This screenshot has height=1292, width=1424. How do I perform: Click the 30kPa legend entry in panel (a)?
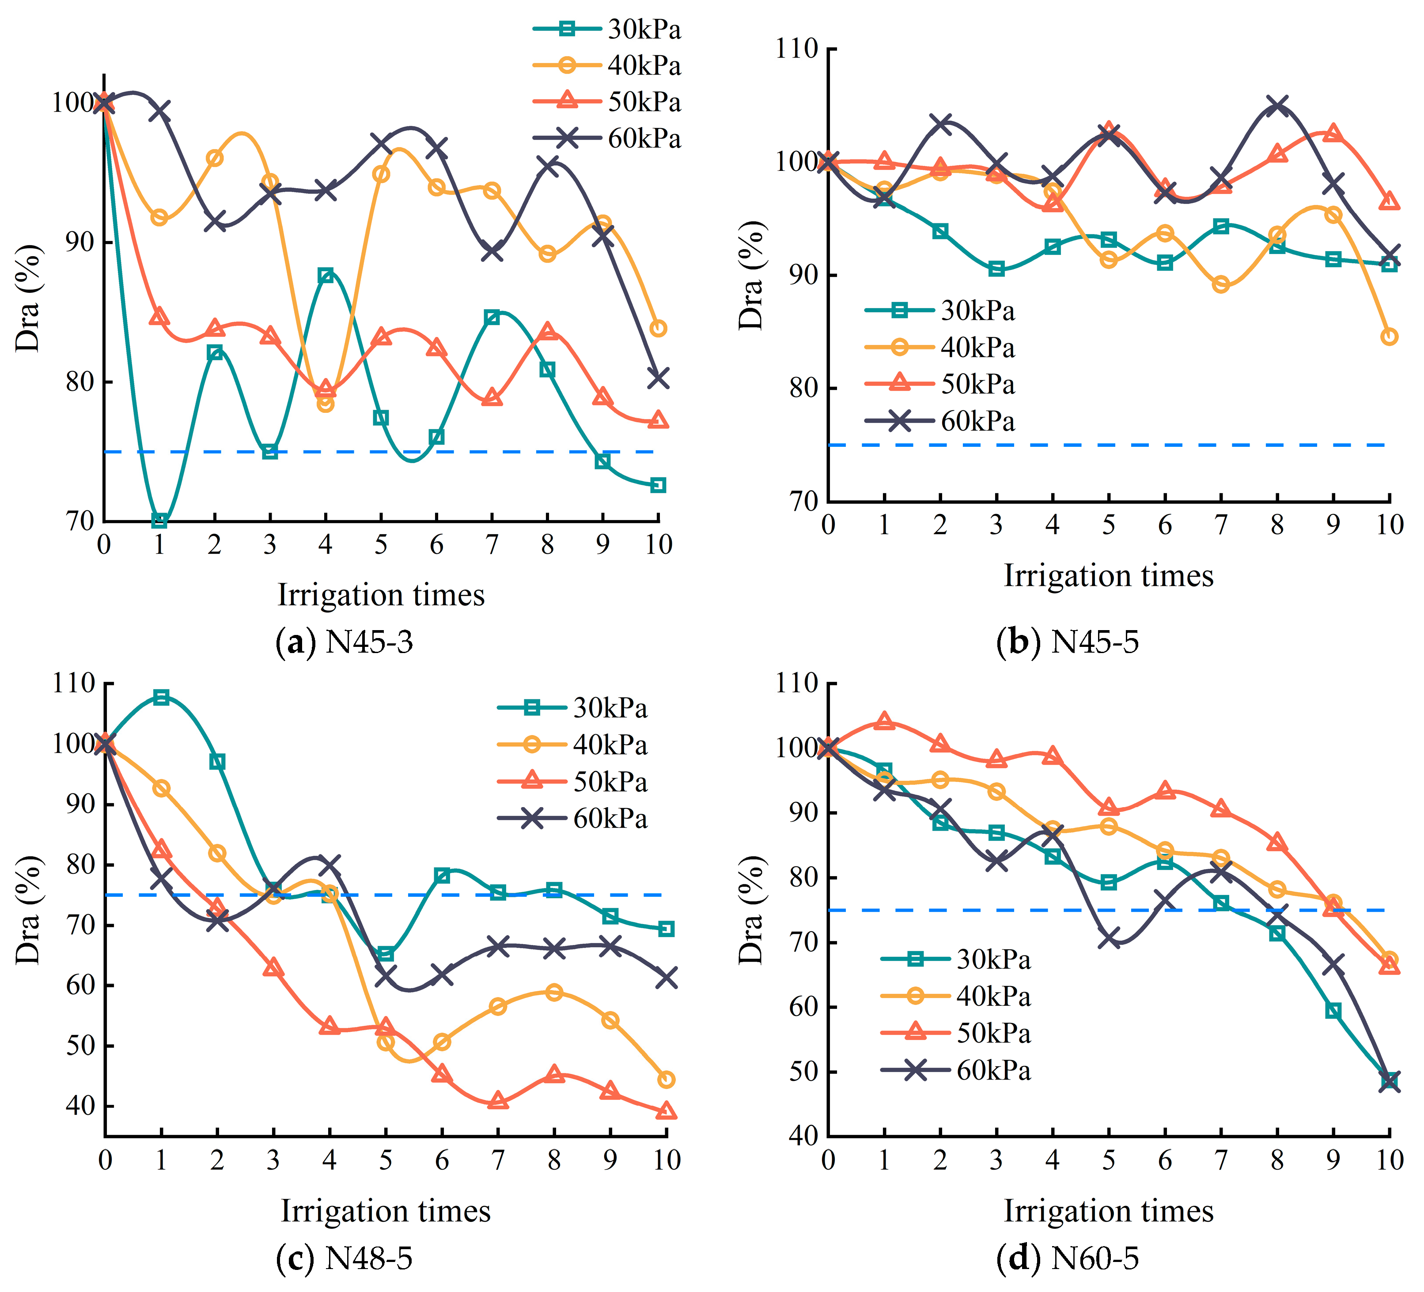point(607,30)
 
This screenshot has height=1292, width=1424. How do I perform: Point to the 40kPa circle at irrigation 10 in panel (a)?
point(658,328)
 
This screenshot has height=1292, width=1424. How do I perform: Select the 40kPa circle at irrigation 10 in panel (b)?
point(1389,337)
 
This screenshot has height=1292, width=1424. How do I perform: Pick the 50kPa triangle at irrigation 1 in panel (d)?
point(884,722)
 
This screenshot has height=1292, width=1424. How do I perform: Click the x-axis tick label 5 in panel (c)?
point(386,1159)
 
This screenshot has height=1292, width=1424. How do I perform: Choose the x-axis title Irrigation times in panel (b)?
point(1108,575)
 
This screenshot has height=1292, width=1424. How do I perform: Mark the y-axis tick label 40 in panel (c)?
point(80,1106)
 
